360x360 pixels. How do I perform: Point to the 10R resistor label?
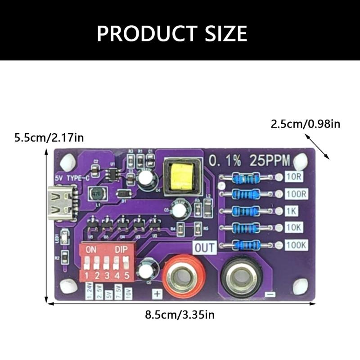(x=294, y=177)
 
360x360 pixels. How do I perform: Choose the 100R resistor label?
(x=296, y=194)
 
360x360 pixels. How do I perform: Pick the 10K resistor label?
(x=294, y=228)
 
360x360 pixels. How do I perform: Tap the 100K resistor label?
(x=296, y=245)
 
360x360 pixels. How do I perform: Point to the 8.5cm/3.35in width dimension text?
(x=180, y=315)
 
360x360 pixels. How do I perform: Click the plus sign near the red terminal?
(x=157, y=293)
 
